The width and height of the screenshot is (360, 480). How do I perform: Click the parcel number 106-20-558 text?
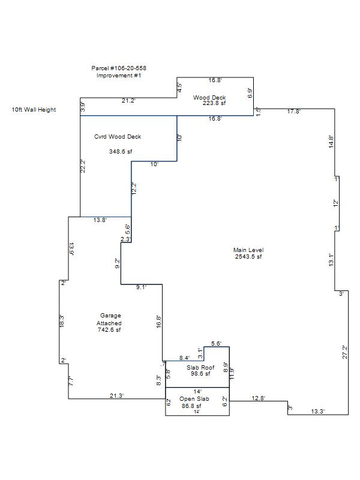pos(119,68)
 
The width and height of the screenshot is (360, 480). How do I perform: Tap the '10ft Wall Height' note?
pos(34,110)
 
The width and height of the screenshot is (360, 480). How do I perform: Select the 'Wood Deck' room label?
pos(209,97)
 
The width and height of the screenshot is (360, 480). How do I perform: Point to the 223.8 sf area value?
pos(214,103)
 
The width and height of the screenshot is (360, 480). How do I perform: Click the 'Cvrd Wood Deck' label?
pos(118,137)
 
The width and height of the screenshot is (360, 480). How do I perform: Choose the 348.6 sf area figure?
pos(121,151)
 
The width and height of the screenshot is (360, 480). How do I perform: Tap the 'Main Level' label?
pos(248,250)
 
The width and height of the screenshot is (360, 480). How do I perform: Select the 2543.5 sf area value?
pos(248,257)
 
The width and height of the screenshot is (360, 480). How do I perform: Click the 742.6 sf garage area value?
pos(109,329)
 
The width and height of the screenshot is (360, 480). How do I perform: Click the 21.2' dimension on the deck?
pos(128,101)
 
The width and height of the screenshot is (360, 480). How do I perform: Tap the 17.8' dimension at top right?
pos(293,112)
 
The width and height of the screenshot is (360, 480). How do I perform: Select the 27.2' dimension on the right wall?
pos(344,352)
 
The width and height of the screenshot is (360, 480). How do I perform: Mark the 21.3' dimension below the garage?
pos(117,396)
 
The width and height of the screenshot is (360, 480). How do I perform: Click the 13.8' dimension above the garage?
pos(100,220)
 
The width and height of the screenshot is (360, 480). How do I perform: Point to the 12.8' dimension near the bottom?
pos(258,398)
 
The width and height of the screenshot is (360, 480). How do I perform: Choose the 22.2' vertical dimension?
pos(83,166)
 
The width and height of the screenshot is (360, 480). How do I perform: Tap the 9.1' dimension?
pos(142,287)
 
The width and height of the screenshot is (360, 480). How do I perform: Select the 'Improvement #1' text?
pos(119,76)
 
